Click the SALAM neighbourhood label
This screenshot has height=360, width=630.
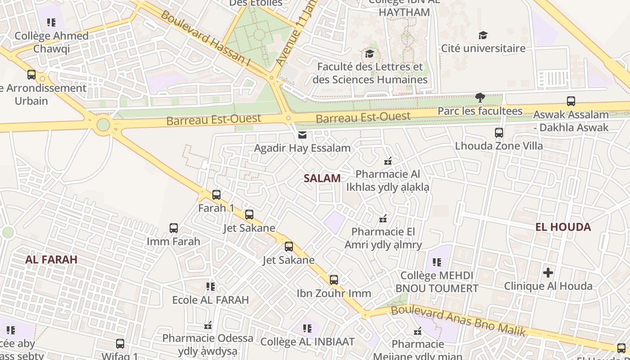322,178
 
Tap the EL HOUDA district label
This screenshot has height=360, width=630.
563,227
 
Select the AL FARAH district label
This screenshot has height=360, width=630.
51,259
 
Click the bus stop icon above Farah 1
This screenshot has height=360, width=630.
216,195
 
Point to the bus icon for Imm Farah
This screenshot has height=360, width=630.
174,228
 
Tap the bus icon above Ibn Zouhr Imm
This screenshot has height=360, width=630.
334,280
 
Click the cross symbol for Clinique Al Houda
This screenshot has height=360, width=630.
548,273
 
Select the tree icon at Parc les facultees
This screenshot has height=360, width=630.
480,98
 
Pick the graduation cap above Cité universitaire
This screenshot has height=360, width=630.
483,36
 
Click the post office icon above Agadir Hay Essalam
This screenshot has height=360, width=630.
302,135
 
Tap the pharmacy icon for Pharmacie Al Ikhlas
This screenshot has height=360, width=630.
388,161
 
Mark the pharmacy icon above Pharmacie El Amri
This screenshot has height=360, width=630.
383,219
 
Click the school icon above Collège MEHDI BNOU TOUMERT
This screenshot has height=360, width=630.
436,262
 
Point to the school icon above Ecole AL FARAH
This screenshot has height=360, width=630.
210,286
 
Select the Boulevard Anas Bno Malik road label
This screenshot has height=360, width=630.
458,321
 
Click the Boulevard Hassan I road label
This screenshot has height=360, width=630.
205,38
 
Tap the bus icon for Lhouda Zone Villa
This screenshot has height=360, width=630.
499,133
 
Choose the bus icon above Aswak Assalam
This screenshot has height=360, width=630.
571,101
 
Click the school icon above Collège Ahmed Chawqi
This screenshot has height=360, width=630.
51,22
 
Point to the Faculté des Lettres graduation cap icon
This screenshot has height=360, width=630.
370,54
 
